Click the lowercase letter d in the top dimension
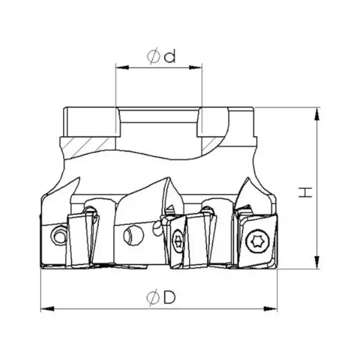pyautogui.click(x=170, y=57)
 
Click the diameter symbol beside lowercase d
pyautogui.click(x=153, y=57)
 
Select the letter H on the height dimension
pyautogui.click(x=306, y=193)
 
